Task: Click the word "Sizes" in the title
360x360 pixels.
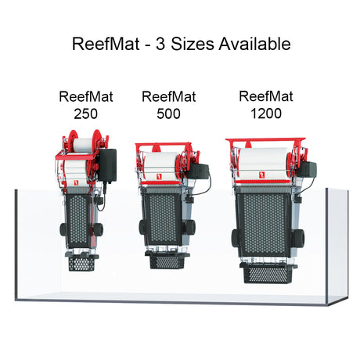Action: tap(193, 44)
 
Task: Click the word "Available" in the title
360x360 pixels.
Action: tap(254, 44)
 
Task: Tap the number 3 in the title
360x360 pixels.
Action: tap(160, 44)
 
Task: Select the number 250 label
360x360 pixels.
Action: tap(85, 113)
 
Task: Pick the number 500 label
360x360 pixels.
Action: tap(168, 113)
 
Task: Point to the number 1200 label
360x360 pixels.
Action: tap(266, 113)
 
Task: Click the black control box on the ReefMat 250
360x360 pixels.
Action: tap(107, 166)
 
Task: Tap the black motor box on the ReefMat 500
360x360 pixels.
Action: tap(199, 171)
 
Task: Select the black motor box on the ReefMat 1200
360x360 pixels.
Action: tap(308, 168)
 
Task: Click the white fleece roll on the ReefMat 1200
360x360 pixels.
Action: tap(264, 163)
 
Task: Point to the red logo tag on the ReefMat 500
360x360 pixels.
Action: tap(159, 177)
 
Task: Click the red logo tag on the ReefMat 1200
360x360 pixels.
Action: tap(262, 175)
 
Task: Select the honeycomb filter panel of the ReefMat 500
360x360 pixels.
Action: tap(163, 218)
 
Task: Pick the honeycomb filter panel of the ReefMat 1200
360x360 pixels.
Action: tap(265, 225)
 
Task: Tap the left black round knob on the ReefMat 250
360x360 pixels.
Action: tap(63, 229)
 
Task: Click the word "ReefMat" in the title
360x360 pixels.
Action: tap(106, 44)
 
